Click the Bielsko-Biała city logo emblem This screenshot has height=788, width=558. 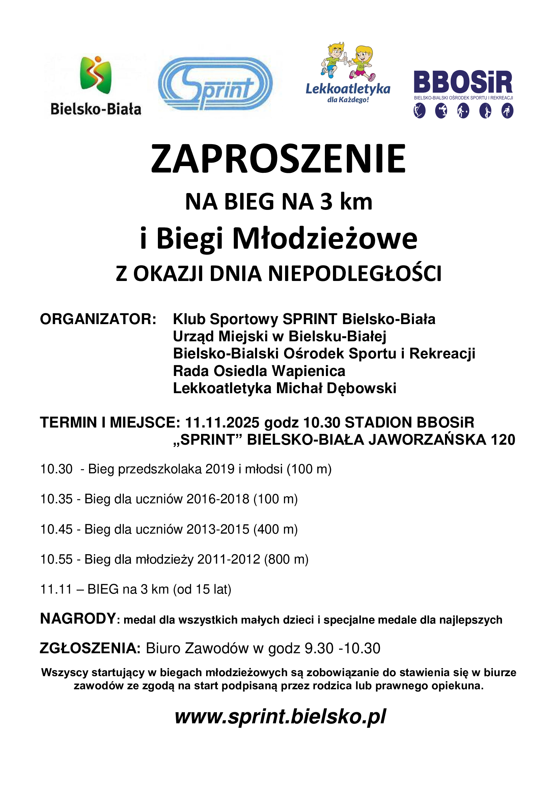pos(95,74)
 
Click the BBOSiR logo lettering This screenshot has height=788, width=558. pos(463,82)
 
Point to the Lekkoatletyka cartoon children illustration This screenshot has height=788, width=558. pos(348,61)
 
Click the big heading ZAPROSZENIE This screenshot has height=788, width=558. pos(279,159)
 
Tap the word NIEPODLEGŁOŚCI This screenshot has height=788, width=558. pos(355,274)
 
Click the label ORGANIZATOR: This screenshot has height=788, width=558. pos(98,319)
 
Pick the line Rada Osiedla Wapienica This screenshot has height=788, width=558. pos(259,371)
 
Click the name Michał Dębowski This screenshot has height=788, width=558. pos(336,388)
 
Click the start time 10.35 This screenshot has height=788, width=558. pos(56,499)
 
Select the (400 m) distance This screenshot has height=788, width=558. pos(275,529)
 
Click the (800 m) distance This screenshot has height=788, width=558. pos(286,560)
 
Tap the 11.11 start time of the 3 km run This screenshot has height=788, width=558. pos(56,589)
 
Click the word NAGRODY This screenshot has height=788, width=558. pos(78,619)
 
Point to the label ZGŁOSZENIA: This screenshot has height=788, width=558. pos(90,649)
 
